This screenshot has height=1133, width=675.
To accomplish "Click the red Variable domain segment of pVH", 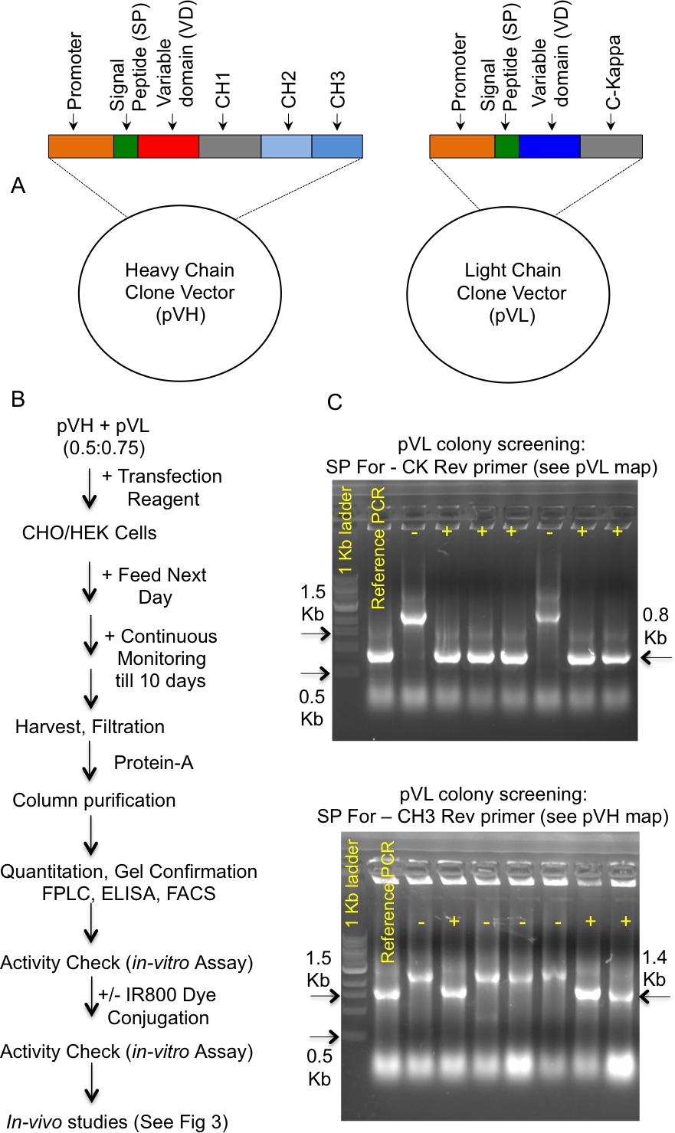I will click(168, 146).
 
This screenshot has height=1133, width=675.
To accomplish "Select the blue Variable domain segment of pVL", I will click(549, 146).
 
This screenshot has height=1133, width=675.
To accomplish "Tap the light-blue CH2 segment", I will click(286, 146).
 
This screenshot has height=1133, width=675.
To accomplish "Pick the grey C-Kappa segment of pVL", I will click(611, 146).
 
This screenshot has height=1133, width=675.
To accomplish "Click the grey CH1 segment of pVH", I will click(229, 146).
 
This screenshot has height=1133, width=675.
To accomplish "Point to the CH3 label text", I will click(337, 91).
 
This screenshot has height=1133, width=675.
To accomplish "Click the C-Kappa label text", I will click(614, 73).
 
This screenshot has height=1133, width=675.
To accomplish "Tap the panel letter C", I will click(334, 403).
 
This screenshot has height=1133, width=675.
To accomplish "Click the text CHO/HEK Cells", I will click(89, 533).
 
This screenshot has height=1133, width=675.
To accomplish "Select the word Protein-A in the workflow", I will click(153, 763).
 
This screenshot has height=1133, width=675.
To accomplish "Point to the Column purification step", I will click(94, 801).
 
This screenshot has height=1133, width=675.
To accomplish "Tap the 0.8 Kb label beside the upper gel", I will click(656, 626).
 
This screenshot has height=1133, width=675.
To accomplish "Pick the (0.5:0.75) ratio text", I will click(104, 448).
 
